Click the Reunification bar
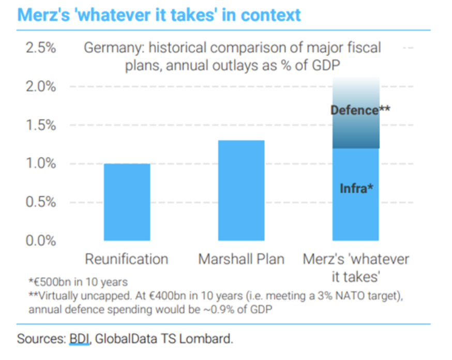coord(127,202)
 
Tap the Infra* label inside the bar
coord(356,188)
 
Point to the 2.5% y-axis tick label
coord(40,48)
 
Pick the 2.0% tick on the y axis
coord(40,86)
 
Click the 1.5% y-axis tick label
coord(40,125)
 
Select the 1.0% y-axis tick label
coord(40,163)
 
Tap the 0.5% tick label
coord(40,202)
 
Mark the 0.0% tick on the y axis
coord(40,240)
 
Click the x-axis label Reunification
coord(127,259)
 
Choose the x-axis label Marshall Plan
coord(241,259)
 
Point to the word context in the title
coord(270,14)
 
